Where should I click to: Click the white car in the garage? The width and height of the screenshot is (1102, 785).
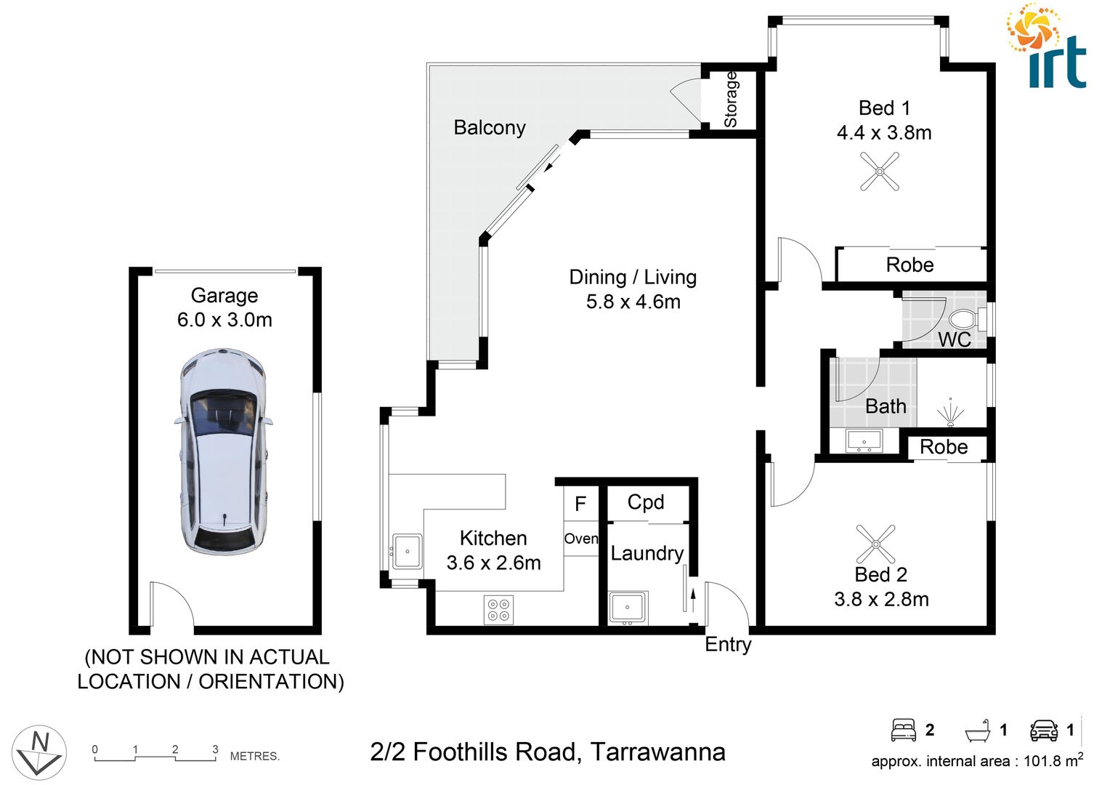223,451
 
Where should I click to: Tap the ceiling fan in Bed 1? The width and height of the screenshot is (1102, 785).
880,172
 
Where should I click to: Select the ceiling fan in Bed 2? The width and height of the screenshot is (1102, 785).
875,544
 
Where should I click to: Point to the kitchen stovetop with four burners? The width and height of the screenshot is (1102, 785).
498,609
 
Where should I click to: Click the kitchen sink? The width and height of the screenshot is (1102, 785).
407,551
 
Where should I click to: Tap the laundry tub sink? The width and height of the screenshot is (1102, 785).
627,607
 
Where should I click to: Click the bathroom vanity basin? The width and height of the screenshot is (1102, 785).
864,440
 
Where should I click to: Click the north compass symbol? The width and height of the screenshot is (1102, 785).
39,752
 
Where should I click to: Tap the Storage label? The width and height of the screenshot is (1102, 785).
731,100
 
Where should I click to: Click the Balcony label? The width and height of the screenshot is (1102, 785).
489,128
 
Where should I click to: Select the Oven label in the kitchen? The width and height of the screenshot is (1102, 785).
581,539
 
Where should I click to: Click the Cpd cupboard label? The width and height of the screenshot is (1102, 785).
645,502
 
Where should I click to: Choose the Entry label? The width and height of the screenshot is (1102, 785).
728,645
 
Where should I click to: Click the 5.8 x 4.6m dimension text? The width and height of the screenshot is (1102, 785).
633,302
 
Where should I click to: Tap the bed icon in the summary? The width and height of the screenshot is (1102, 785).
903,730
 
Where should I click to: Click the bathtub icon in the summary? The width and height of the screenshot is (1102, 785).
977,730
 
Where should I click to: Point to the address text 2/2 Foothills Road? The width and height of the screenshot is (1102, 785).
547,752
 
